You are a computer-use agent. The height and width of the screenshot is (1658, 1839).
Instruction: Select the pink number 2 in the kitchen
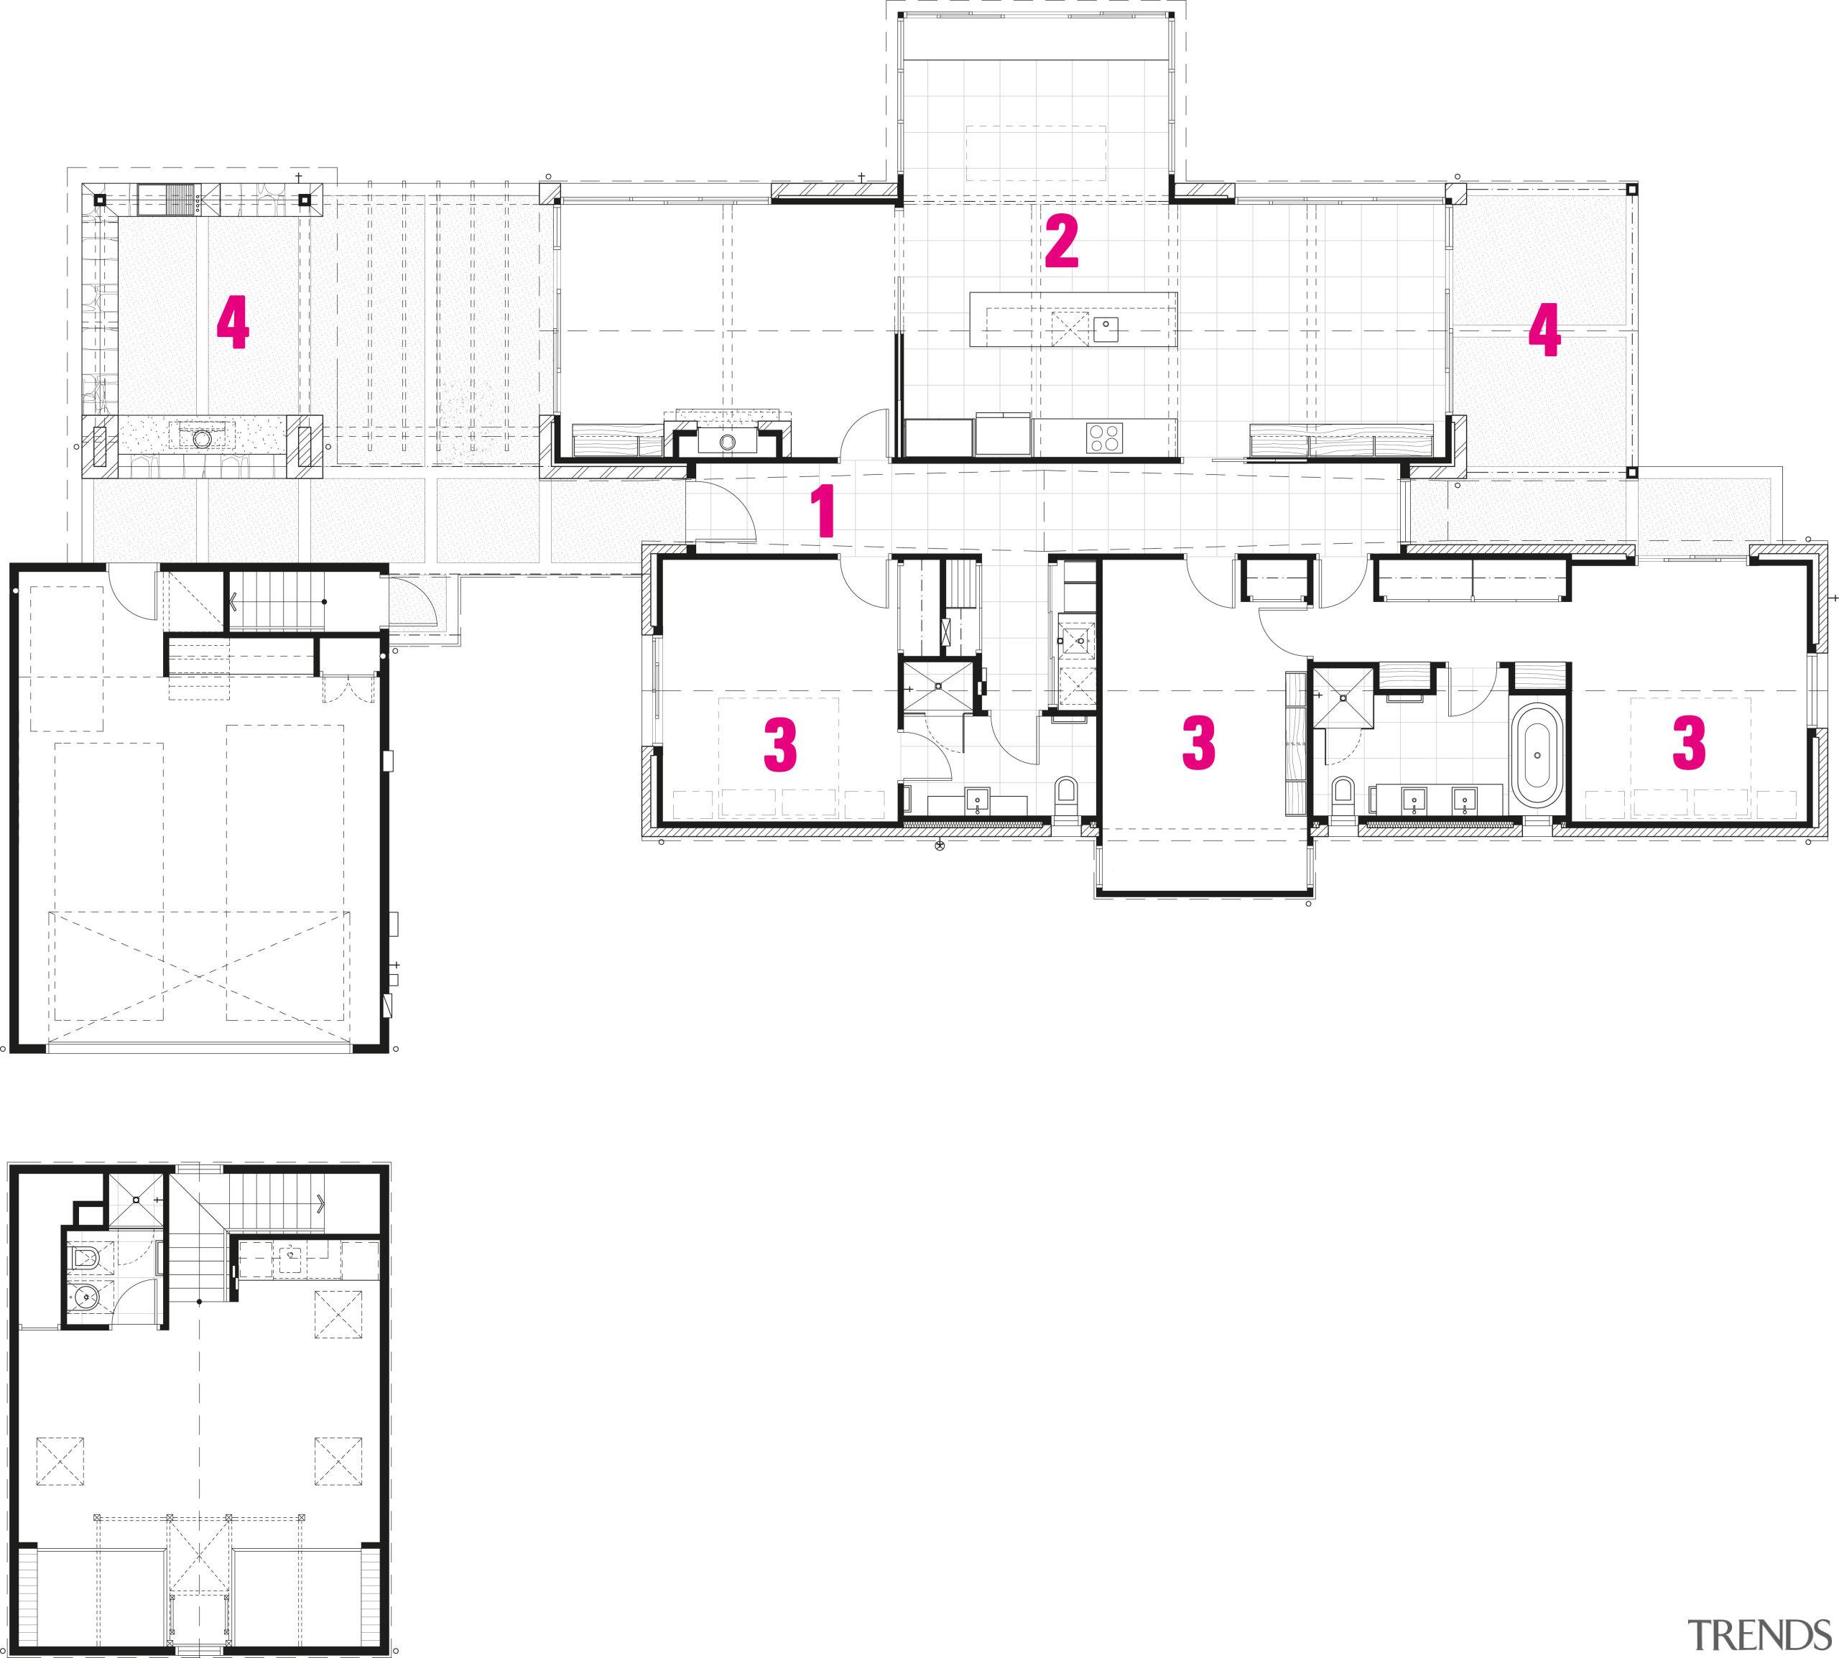pos(1061,241)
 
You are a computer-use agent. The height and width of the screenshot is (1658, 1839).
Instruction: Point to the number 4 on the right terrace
pos(1544,330)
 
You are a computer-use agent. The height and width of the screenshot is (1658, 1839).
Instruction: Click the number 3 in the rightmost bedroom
pos(1689,744)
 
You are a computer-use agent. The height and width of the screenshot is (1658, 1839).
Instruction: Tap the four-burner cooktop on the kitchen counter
pos(1104,438)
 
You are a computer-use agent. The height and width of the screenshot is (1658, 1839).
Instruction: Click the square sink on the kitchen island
pos(1106,328)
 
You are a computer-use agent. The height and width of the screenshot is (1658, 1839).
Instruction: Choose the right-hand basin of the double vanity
pos(1464,800)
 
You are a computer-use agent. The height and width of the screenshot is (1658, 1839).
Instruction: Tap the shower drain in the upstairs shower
pos(136,1200)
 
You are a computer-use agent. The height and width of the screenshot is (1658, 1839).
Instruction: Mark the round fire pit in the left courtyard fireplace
pos(202,439)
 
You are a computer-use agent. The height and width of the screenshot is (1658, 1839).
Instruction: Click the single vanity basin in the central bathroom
pos(978,801)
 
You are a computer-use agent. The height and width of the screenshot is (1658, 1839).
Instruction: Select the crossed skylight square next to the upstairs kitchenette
pos(338,1314)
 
